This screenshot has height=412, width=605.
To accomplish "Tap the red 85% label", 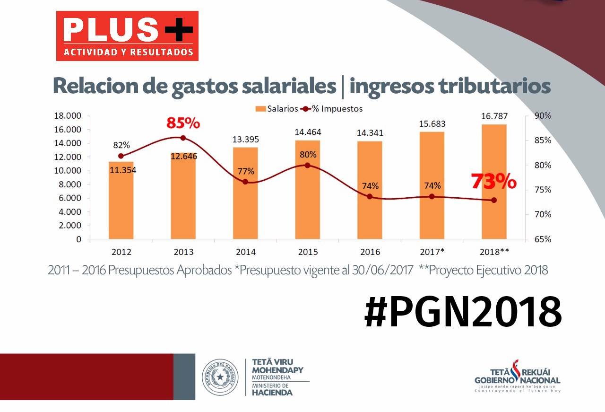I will [183, 123].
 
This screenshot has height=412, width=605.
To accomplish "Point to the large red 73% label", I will [493, 181].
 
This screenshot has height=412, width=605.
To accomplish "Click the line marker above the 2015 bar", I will [307, 165].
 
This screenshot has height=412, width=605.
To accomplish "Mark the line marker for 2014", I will [245, 182].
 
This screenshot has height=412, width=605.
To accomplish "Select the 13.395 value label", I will [245, 140].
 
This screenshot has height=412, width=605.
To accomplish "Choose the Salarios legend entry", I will [277, 109].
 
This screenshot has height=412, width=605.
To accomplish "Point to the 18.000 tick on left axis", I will [68, 116].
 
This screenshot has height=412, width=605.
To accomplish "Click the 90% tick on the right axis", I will [542, 116].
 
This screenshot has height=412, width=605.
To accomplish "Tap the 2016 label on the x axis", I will [370, 252].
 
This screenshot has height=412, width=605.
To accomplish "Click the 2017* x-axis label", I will [432, 252].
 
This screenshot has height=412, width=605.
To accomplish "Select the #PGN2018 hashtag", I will [463, 312].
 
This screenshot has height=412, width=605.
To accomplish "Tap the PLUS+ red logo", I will [127, 36].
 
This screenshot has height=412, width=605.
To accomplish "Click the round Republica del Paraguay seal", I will [220, 377].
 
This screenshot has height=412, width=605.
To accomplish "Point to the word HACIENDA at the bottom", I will [272, 392].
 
